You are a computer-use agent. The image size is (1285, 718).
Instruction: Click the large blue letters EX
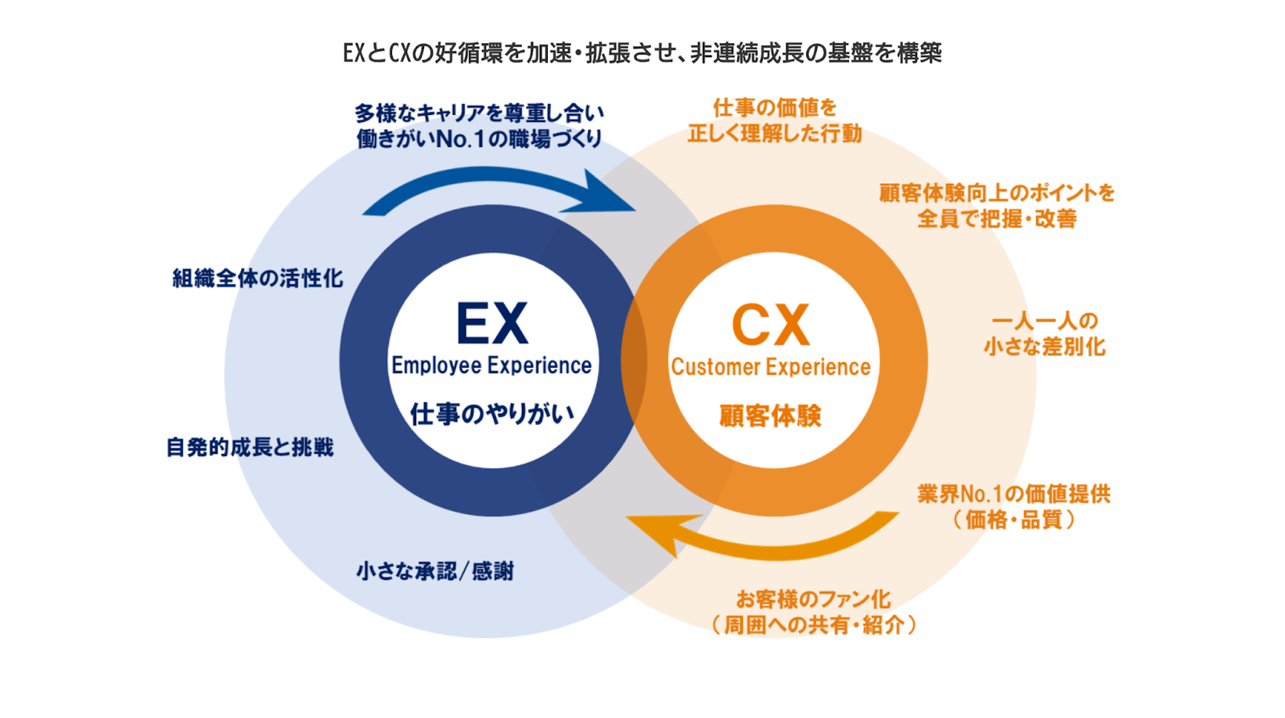[492, 324]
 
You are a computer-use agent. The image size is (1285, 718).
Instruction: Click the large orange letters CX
[770, 325]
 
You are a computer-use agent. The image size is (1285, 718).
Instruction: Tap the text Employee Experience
[492, 365]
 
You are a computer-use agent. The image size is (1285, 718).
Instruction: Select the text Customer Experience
[771, 367]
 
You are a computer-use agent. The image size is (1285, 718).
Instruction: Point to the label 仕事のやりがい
[492, 414]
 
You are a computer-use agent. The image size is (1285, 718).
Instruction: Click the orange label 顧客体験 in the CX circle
[770, 416]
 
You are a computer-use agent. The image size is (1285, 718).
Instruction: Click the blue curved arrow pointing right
[498, 190]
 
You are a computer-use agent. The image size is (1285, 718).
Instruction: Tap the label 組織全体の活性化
[258, 279]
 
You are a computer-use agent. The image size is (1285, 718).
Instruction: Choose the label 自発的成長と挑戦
[250, 447]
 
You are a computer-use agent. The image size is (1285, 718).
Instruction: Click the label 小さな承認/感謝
[435, 572]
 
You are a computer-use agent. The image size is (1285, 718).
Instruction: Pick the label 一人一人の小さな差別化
[1045, 334]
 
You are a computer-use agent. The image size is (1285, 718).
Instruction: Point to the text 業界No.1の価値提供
[1014, 494]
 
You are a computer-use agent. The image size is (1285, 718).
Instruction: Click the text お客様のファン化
[814, 599]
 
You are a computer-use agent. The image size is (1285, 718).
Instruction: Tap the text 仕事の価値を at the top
[775, 108]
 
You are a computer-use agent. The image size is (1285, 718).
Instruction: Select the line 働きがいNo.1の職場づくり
[479, 139]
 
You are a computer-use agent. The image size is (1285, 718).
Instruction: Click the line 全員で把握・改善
[997, 218]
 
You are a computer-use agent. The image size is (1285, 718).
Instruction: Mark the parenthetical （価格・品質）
[1014, 520]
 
